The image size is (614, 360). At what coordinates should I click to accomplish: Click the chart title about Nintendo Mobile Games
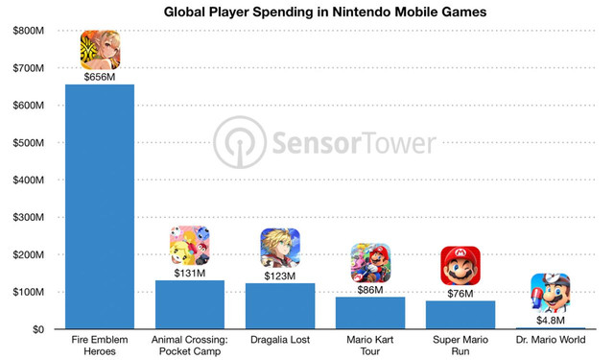(x=325, y=12)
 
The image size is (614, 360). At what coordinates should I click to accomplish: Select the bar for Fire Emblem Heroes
(x=100, y=206)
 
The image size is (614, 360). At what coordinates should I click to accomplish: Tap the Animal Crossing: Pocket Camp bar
(x=190, y=304)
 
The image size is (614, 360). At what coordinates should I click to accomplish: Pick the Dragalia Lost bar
(x=280, y=306)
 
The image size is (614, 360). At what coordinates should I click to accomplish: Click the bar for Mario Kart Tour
(x=370, y=313)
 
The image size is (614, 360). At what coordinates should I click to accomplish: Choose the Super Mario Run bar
(x=460, y=315)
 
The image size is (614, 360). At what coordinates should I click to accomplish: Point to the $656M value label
(x=100, y=77)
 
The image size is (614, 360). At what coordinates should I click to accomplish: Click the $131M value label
(x=190, y=273)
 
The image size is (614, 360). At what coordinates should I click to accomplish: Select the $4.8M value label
(x=551, y=321)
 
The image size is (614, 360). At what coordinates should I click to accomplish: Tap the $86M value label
(x=370, y=290)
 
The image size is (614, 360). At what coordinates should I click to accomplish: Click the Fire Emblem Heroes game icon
(x=100, y=50)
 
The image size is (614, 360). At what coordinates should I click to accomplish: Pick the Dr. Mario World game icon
(x=551, y=293)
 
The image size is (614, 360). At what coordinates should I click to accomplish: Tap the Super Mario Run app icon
(x=460, y=266)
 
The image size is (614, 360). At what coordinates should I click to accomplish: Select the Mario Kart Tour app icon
(x=370, y=263)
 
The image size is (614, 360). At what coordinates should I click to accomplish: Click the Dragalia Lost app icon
(x=280, y=248)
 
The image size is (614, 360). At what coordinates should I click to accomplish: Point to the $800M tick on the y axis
(x=28, y=31)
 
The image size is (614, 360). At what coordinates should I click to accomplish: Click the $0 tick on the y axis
(x=38, y=329)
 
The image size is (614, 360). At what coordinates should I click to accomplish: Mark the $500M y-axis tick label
(x=28, y=143)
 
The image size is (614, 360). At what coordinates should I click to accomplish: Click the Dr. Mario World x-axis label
(x=551, y=340)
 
